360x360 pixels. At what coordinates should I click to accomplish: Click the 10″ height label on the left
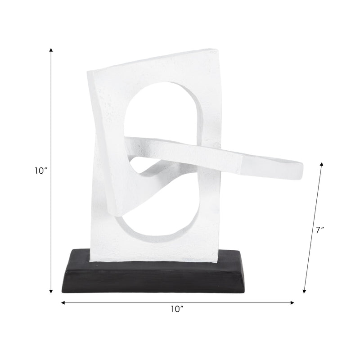tap(41, 171)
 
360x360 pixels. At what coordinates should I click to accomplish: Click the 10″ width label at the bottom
tap(177, 309)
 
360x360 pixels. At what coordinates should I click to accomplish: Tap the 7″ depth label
tap(320, 230)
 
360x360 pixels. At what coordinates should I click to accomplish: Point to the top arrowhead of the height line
tap(51, 50)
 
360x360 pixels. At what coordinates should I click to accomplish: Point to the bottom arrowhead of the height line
tap(51, 291)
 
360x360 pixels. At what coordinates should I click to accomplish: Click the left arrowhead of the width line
tap(63, 303)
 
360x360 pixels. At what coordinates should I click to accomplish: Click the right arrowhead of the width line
tap(292, 303)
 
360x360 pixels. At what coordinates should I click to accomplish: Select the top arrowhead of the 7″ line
tap(322, 164)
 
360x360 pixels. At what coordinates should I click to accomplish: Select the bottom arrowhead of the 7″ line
tap(305, 291)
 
